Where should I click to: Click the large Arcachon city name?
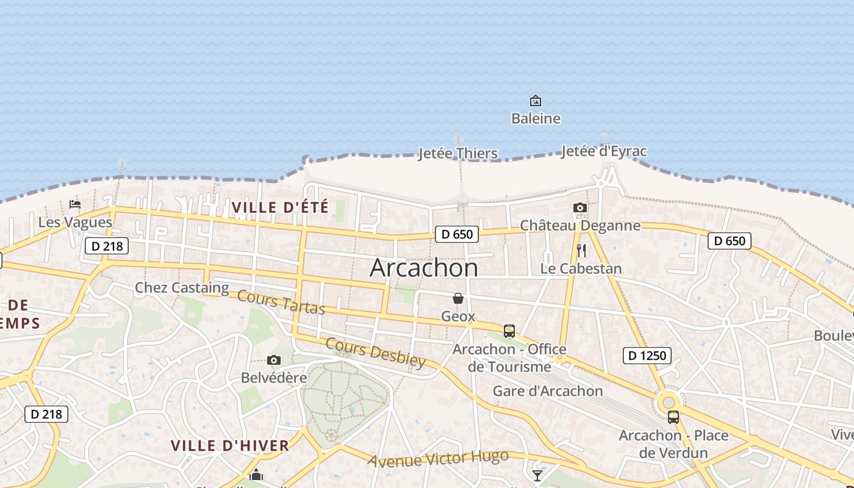tap(424, 268)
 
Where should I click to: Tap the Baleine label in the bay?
tap(536, 118)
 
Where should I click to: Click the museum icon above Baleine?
tap(536, 101)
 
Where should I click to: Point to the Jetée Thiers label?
tap(457, 153)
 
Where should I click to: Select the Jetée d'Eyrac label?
tap(604, 151)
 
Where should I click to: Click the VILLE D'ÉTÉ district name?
tap(281, 207)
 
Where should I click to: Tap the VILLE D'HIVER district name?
tap(230, 446)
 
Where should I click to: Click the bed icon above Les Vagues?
tap(75, 204)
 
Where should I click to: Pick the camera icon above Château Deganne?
tap(580, 208)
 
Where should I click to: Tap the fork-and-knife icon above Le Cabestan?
tap(581, 251)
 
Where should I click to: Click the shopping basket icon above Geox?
tap(458, 298)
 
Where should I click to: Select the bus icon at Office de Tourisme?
tap(509, 331)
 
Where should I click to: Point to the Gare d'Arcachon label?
tap(548, 391)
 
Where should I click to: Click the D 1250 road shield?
tap(647, 355)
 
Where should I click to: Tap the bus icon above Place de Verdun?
tap(673, 417)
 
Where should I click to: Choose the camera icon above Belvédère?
tap(274, 361)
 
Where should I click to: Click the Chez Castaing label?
tap(182, 287)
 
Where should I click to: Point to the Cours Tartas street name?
tap(281, 303)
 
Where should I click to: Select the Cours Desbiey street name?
tap(376, 353)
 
